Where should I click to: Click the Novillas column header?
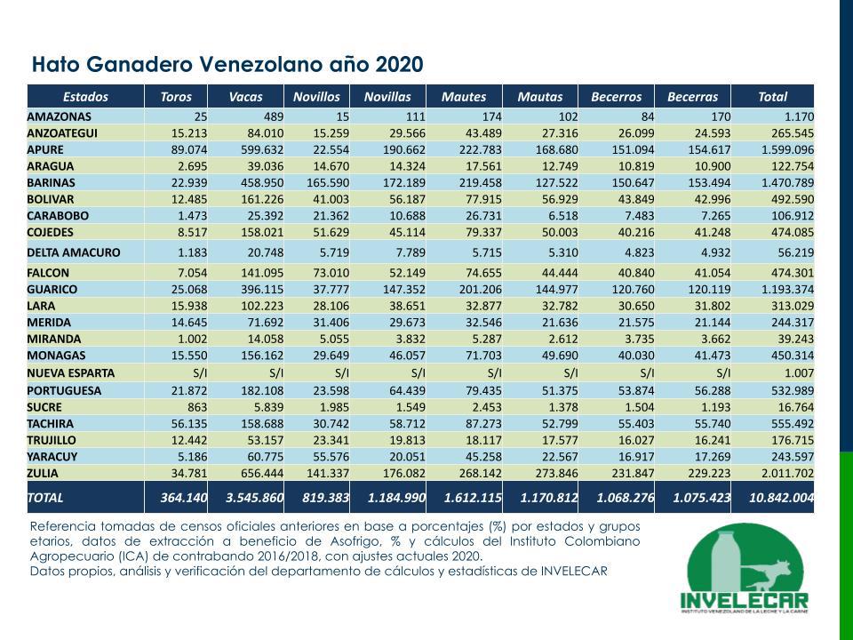[388, 97]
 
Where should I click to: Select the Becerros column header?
[616, 97]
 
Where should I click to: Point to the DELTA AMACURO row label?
[74, 252]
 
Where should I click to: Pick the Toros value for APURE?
[189, 149]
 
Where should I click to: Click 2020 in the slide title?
[400, 65]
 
